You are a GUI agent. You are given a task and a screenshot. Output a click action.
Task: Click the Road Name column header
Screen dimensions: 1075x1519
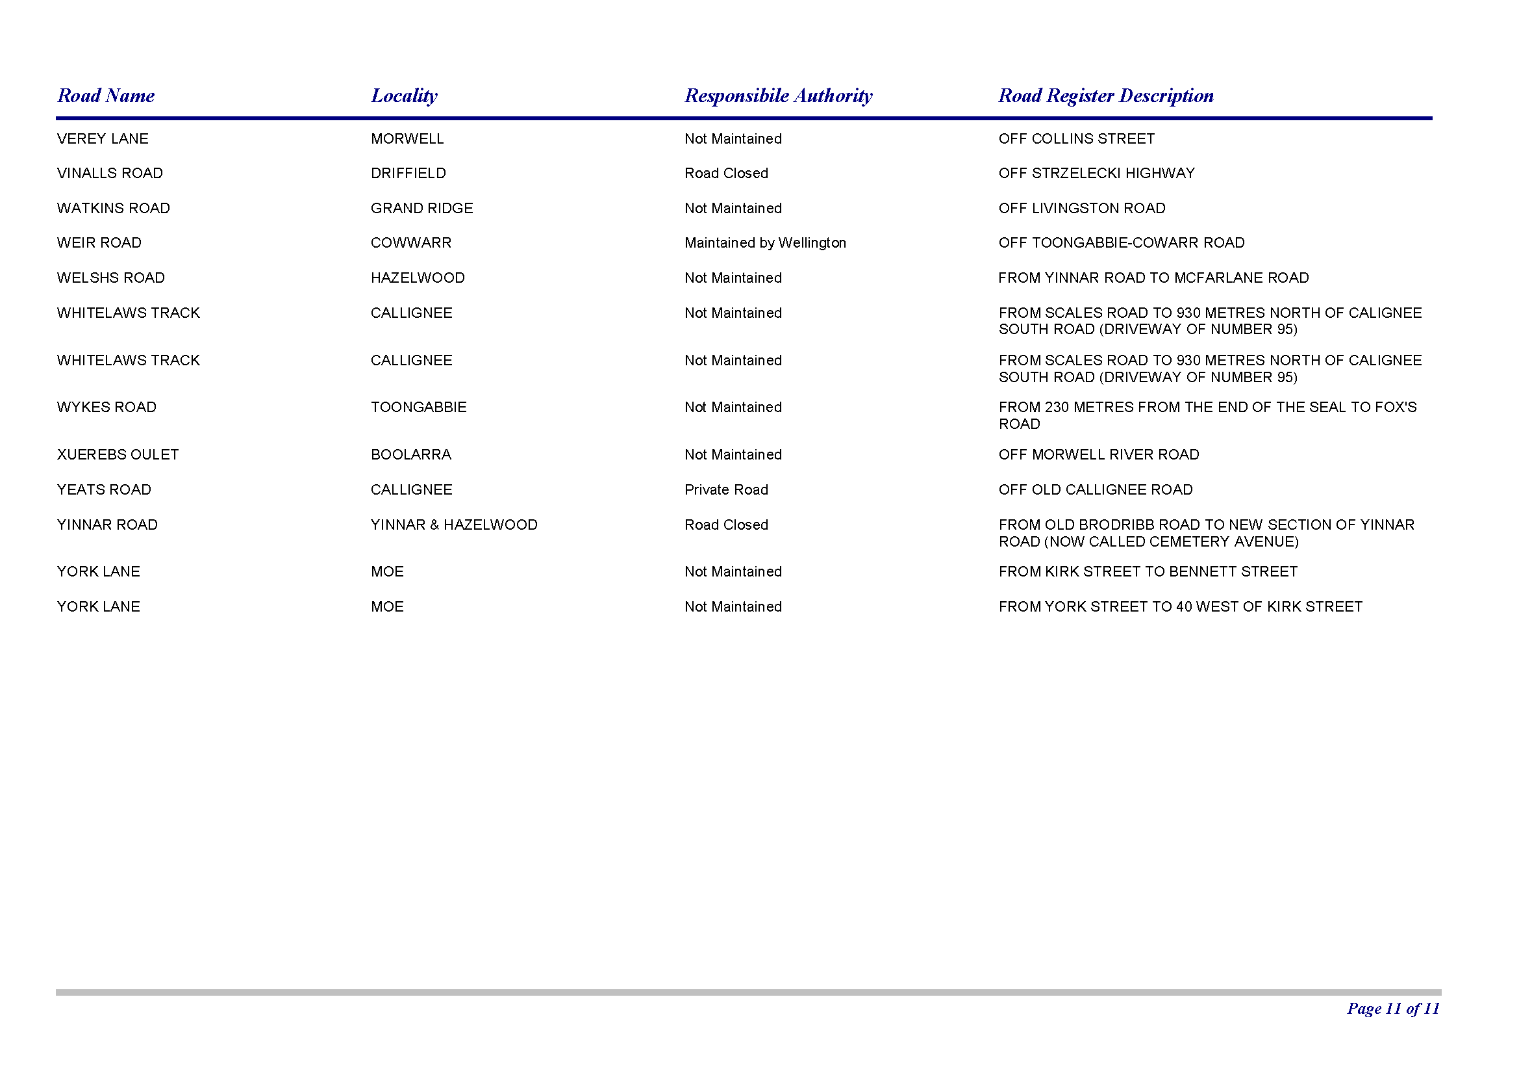[106, 96]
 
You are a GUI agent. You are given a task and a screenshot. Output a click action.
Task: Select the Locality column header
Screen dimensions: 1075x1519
[403, 96]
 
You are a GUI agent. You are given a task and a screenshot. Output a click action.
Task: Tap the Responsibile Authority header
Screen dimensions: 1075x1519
[778, 96]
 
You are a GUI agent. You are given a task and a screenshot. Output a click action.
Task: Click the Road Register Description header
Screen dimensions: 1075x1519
[1105, 96]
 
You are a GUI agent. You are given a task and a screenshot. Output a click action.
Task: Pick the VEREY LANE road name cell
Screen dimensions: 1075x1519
[103, 139]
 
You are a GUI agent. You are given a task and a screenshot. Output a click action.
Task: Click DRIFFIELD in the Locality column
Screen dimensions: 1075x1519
[408, 174]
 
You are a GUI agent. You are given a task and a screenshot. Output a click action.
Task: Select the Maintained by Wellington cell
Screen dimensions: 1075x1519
[765, 243]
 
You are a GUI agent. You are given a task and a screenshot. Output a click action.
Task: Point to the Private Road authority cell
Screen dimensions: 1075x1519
[726, 490]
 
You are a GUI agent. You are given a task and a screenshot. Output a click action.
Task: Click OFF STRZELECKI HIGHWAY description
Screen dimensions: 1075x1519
[1096, 174]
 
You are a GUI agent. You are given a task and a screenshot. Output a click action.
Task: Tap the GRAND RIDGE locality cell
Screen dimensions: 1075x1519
[421, 209]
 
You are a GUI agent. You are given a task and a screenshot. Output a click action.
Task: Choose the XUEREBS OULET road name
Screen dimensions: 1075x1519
[118, 455]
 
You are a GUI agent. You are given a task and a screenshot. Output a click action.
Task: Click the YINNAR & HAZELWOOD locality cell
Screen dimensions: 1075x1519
[454, 525]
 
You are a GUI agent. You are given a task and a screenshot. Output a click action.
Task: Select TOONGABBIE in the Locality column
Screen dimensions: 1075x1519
[418, 407]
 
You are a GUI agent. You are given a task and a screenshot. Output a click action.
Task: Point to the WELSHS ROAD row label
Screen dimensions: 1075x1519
[110, 278]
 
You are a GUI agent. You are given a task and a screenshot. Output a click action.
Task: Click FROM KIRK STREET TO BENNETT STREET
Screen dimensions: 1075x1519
[1148, 572]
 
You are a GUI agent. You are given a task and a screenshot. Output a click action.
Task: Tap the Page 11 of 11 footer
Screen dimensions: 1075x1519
[1392, 1008]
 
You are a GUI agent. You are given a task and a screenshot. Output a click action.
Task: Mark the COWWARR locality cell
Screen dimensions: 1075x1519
[411, 243]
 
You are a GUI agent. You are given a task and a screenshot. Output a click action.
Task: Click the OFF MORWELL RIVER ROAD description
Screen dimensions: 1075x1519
[1098, 455]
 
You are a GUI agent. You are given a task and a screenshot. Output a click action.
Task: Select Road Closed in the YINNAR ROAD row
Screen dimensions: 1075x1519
[726, 525]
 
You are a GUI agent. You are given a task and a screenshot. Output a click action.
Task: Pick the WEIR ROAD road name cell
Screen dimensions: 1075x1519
[99, 243]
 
